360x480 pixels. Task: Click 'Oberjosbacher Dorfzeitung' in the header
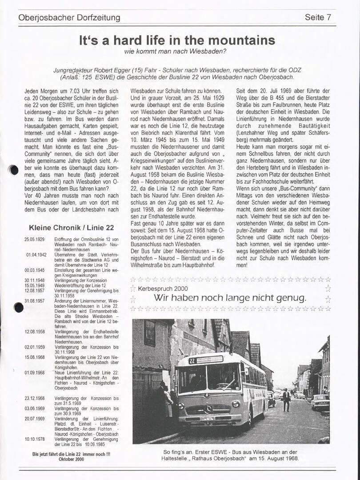(69, 18)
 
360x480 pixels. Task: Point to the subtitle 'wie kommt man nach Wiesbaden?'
(176, 51)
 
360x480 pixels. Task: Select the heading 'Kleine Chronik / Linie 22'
(72, 228)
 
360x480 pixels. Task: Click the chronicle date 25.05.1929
(34, 240)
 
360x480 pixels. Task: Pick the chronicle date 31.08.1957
(34, 301)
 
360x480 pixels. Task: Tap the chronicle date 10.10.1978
(34, 439)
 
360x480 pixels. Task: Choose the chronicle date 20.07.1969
(34, 418)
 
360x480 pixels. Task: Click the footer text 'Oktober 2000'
(71, 460)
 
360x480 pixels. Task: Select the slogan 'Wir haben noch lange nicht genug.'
(230, 297)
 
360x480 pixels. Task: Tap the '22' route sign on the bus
(192, 360)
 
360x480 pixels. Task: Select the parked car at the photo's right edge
(320, 402)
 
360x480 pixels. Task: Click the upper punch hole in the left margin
(14, 169)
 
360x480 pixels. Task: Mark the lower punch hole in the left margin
(18, 307)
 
